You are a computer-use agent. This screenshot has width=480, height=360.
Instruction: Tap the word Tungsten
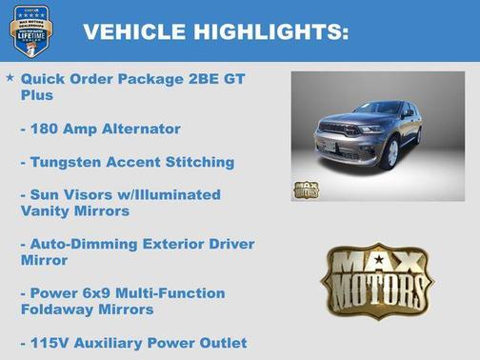pos(64,162)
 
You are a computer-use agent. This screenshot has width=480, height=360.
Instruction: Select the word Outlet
pos(220,342)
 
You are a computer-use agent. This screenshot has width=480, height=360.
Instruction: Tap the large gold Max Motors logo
pos(377,279)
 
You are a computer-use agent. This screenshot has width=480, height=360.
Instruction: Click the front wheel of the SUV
pos(390,152)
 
